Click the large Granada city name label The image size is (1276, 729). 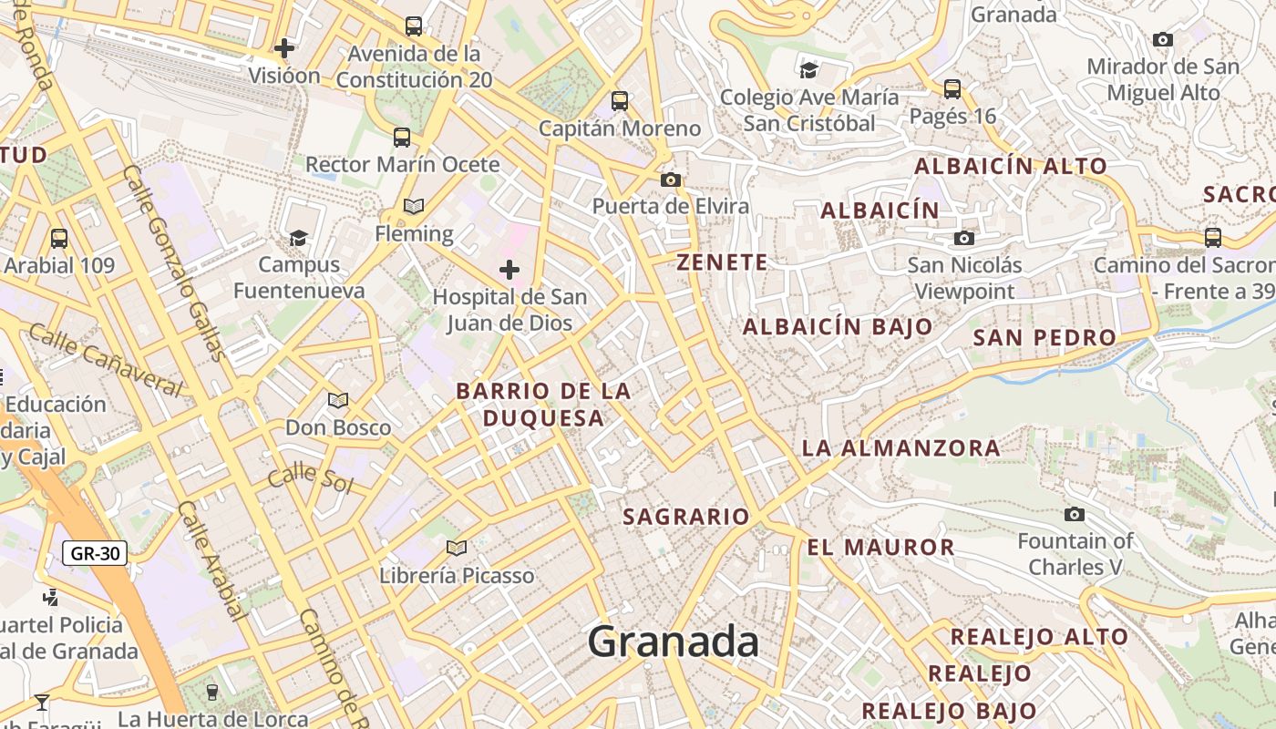coord(674,642)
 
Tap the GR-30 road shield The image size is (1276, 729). coord(95,552)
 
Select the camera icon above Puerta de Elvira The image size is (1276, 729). coord(671,180)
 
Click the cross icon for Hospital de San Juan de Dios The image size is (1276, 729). coord(509,270)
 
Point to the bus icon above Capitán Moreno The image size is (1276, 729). coord(620,101)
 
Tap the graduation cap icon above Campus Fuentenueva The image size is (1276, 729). coord(298,238)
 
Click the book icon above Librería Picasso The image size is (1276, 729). coord(457,548)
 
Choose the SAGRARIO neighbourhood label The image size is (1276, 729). coord(685,517)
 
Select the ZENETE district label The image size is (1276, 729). coord(722,262)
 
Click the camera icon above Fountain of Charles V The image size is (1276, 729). coord(1075,514)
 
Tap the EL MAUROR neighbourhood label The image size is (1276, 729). coord(880,548)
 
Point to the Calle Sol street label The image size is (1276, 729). coord(310,477)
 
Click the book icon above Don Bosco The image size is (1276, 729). coord(338,400)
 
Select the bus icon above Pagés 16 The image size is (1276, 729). coord(952,89)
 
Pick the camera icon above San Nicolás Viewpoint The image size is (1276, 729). coord(964,239)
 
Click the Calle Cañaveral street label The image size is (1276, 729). coord(105,360)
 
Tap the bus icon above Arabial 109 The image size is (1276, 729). coord(59,239)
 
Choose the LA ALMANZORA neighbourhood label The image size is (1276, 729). coord(900,448)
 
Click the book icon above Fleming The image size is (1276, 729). coord(414,207)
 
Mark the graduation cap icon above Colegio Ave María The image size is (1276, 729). coord(808,70)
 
